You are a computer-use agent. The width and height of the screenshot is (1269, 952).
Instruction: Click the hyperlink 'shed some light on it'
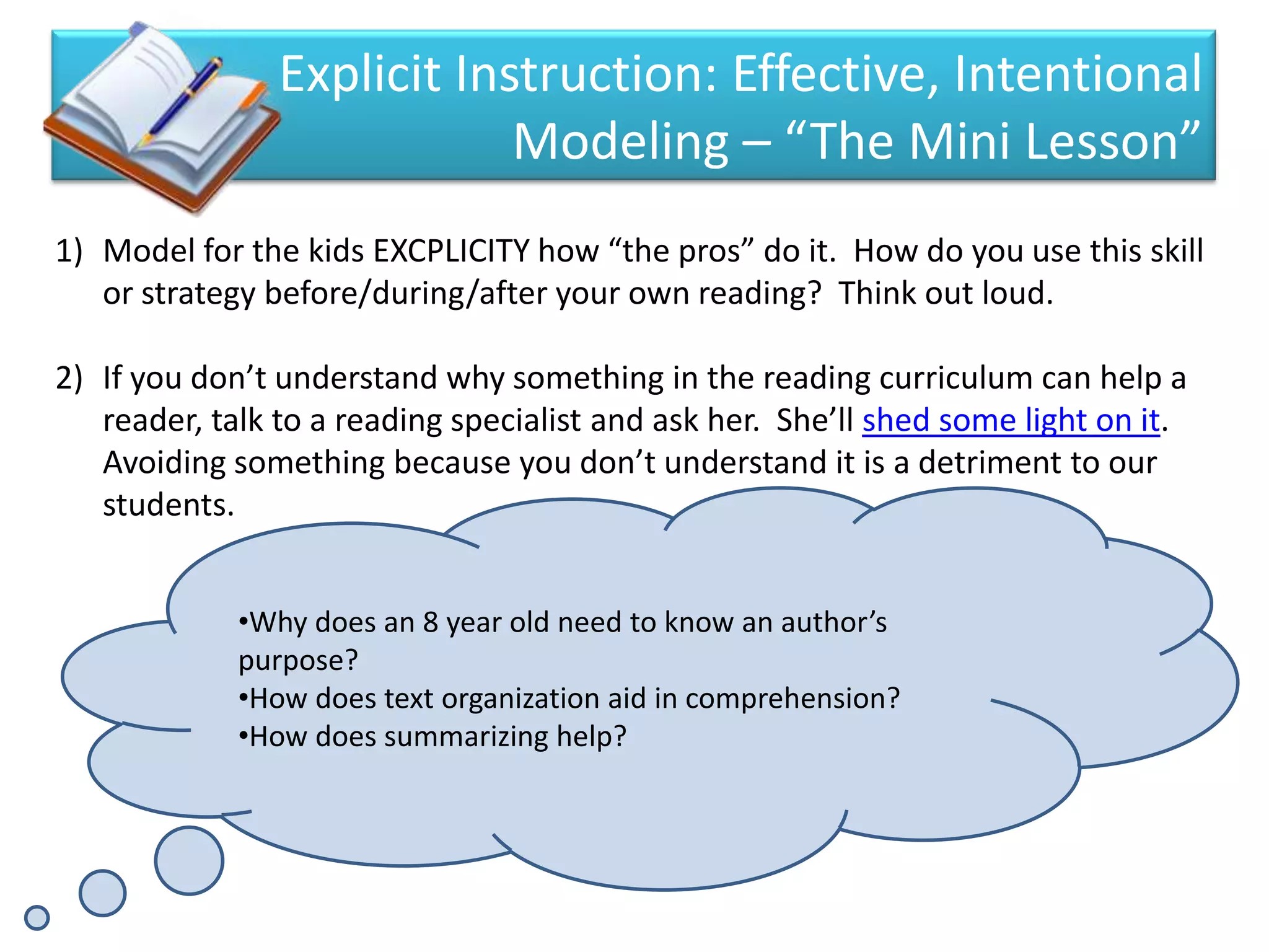tap(1010, 421)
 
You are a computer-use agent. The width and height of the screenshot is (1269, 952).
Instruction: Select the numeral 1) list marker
tap(69, 251)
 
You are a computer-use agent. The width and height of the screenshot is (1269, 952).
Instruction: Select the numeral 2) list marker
tap(69, 378)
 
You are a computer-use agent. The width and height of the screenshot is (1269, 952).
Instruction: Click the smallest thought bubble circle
tap(37, 917)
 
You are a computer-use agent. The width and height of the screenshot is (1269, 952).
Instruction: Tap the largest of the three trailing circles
tap(189, 860)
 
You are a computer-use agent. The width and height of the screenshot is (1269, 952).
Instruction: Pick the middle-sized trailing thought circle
tap(102, 893)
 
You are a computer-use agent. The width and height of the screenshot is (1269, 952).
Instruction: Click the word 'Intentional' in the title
tap(1078, 74)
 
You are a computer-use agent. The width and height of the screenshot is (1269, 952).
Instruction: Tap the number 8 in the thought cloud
tap(431, 622)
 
